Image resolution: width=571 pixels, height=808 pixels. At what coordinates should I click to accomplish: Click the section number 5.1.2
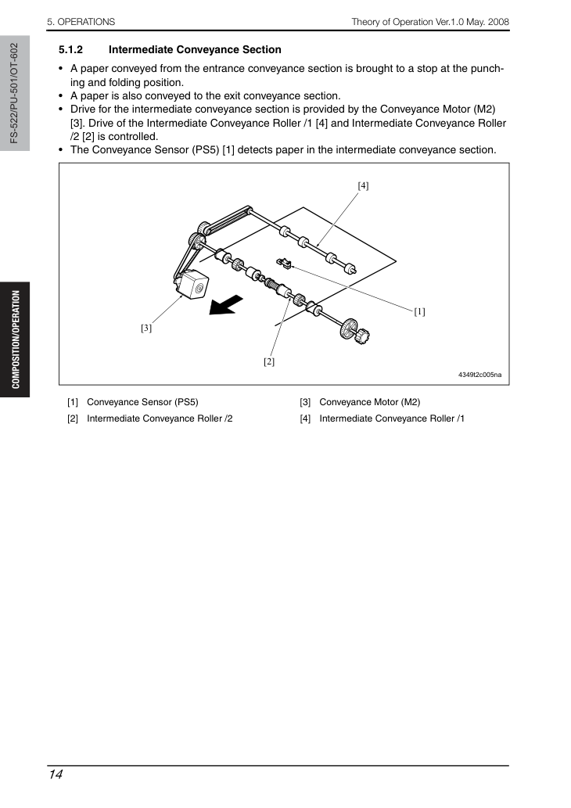tap(70, 50)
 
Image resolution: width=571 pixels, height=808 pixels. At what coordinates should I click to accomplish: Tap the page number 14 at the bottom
tap(56, 774)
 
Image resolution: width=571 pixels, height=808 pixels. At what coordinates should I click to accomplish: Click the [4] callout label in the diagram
tap(363, 185)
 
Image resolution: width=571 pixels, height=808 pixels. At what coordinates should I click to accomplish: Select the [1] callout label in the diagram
tap(420, 311)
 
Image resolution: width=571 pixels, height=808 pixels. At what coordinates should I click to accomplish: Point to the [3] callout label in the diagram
tap(146, 328)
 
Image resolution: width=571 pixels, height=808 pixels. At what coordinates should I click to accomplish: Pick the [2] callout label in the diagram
tap(269, 361)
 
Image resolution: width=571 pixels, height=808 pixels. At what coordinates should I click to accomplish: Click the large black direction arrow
tap(226, 304)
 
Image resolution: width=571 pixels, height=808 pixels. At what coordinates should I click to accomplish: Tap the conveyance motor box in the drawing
tap(192, 285)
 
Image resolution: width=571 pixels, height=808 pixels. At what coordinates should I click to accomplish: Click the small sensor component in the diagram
tap(284, 264)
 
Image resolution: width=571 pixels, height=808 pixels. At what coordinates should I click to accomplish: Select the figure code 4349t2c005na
tap(479, 375)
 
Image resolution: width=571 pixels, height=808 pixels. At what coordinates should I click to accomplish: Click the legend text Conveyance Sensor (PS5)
tap(142, 402)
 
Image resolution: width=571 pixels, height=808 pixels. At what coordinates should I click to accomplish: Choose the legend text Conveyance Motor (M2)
tap(369, 402)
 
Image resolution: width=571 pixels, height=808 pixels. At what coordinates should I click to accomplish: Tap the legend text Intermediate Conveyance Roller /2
tap(160, 418)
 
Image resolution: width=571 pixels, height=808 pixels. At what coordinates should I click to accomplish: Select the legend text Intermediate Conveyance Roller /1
tap(392, 418)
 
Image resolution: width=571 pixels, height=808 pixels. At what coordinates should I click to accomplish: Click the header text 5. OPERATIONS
tap(81, 22)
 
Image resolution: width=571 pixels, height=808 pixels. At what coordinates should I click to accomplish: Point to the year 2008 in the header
tap(498, 22)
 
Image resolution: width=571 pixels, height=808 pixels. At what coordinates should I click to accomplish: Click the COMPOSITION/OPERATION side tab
tap(16, 339)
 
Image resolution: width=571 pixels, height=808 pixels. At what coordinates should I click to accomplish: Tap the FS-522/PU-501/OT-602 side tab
tap(14, 93)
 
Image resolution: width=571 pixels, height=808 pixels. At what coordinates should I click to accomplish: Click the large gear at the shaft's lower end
tap(349, 329)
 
